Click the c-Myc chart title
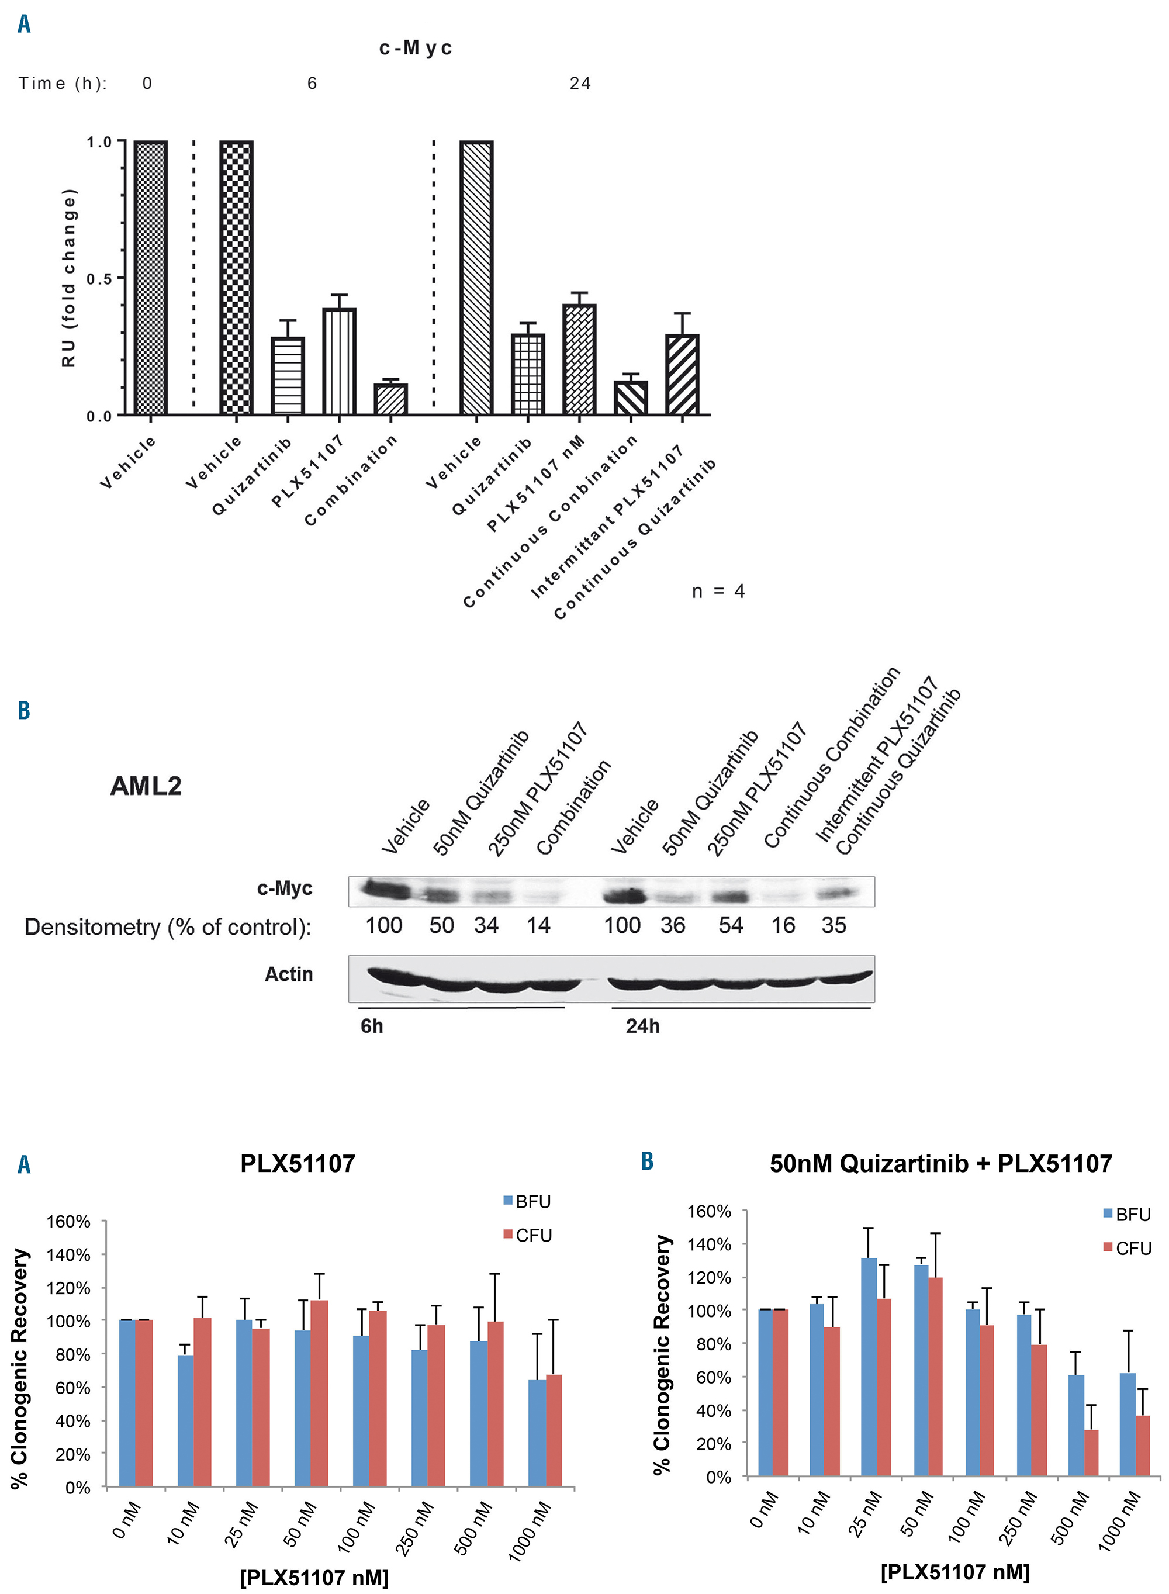[416, 48]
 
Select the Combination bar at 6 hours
[390, 399]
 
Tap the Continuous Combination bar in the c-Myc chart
[631, 397]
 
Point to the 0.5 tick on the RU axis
[99, 279]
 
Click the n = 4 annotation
[718, 592]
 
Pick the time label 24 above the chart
[580, 84]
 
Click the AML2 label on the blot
[146, 786]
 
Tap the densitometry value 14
[538, 925]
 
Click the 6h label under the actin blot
[372, 1026]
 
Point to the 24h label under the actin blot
[642, 1026]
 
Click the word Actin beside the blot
[289, 974]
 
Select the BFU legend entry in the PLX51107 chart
[527, 1201]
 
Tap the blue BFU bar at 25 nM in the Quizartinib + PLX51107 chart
[869, 1367]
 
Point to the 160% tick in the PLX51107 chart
[68, 1222]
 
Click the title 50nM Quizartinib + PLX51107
[940, 1164]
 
